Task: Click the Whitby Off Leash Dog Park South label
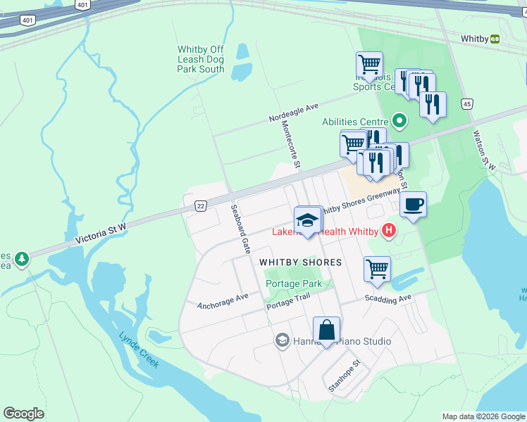coord(201,59)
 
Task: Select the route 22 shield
coord(201,205)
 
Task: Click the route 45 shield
coord(467,104)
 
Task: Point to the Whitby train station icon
coord(495,39)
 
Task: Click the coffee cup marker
coord(413,205)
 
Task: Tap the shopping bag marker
coord(326,330)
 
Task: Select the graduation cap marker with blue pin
coord(308,220)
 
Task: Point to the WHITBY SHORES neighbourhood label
coord(300,262)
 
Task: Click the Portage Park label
coord(294,283)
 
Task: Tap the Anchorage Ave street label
coord(223,301)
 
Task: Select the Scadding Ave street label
coord(387,298)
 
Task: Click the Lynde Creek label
coord(139,350)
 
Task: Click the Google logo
coord(23,414)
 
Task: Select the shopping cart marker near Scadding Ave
coord(378,269)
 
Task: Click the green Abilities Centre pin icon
coord(400,122)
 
